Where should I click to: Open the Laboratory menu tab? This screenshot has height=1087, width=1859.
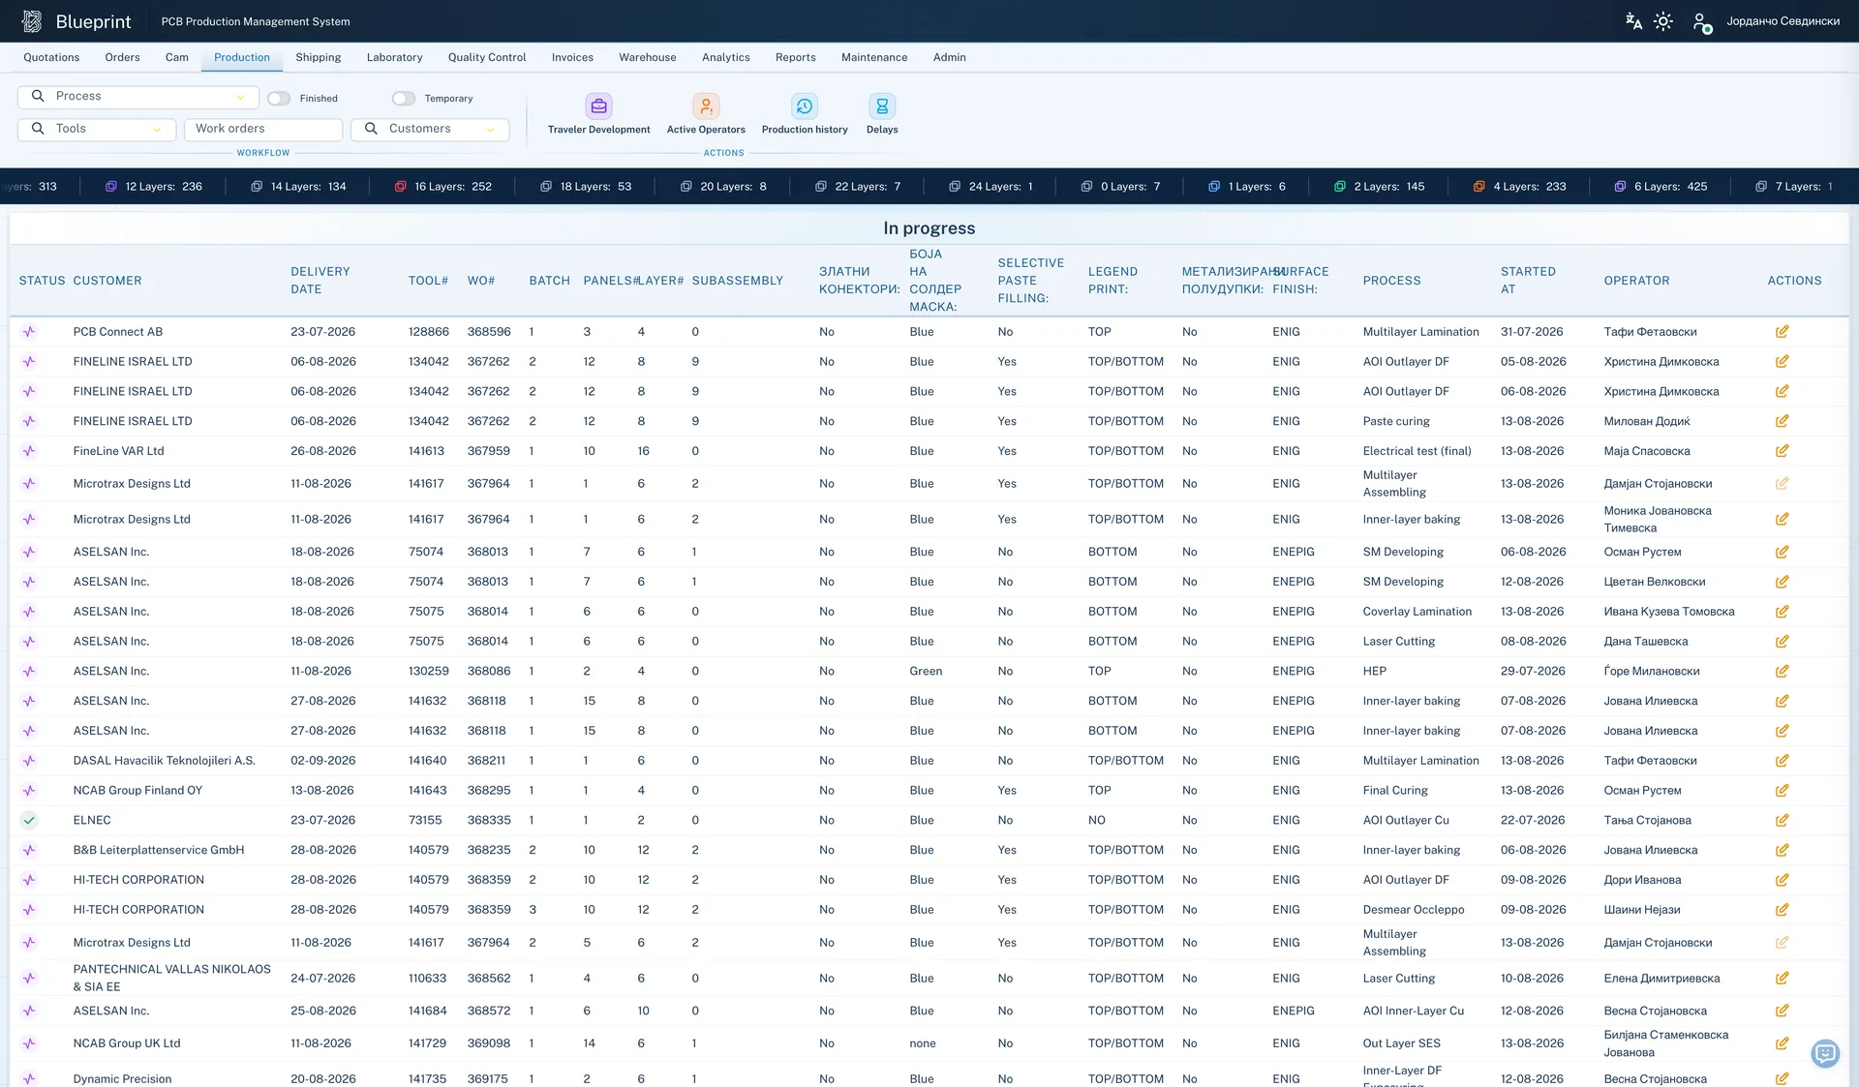click(x=394, y=57)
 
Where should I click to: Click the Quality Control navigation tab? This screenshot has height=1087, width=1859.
click(x=487, y=57)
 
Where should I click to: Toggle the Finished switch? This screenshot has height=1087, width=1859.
click(x=279, y=99)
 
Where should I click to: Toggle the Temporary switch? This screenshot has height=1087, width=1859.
click(x=404, y=99)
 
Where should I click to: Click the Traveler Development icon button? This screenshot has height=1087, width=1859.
click(x=599, y=106)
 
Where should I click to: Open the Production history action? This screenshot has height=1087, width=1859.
click(x=805, y=106)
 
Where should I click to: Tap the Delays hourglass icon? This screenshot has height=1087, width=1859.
click(x=882, y=106)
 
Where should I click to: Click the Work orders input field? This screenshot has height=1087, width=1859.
click(x=263, y=129)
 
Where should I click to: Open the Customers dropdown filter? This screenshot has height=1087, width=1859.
click(x=430, y=129)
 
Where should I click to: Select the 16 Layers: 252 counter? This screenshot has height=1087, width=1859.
click(x=443, y=187)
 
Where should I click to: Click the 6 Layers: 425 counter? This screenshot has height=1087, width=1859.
click(x=1661, y=187)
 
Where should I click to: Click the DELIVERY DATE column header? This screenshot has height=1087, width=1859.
click(x=320, y=281)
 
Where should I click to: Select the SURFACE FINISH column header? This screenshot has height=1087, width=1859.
click(x=1300, y=281)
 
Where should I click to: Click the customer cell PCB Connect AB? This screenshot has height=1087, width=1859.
click(x=118, y=332)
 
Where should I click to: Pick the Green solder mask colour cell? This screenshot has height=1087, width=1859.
click(x=926, y=671)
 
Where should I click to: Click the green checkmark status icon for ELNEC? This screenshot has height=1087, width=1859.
click(x=29, y=820)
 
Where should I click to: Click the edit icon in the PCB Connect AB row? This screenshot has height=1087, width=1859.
click(x=1782, y=332)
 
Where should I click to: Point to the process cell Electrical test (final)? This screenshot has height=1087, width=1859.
click(x=1417, y=451)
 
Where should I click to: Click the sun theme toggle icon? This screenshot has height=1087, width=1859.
click(x=1662, y=21)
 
